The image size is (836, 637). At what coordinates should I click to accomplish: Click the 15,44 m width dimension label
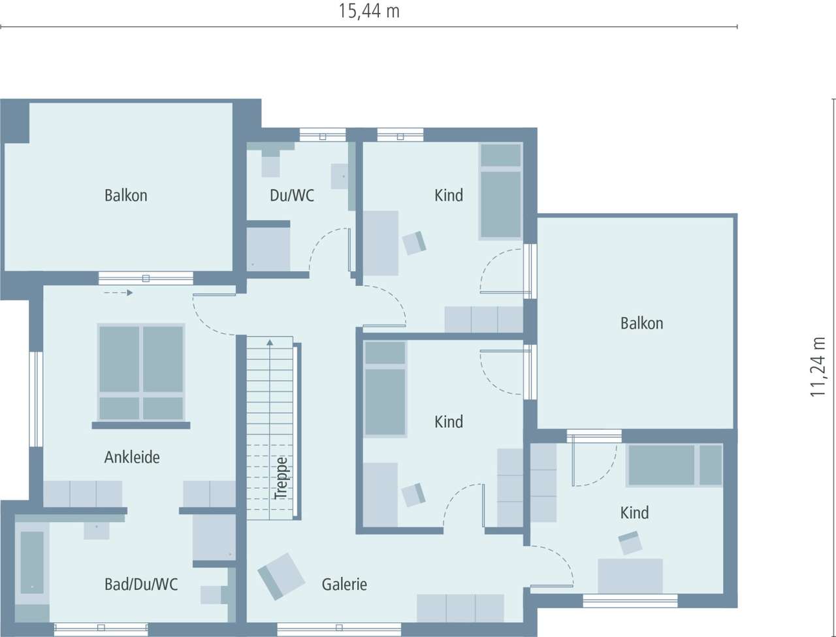point(369,11)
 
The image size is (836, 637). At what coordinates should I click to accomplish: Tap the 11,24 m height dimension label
point(818,367)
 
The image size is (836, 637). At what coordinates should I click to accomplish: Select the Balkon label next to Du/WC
point(126,195)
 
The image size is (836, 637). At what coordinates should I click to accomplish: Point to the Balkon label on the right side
point(641,323)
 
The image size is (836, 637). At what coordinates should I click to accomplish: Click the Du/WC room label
point(292,195)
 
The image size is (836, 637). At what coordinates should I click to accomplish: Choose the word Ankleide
point(132,457)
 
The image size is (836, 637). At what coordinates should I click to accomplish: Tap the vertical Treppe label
point(281,478)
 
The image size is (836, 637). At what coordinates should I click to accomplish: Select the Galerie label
point(344,584)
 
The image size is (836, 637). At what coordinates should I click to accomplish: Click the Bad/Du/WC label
point(141,583)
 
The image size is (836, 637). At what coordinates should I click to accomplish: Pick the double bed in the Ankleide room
point(141,372)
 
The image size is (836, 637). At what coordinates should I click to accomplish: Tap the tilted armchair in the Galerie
point(281,576)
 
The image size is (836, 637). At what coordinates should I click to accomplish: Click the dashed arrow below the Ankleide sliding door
point(118,293)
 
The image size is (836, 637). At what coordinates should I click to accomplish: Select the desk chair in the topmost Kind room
point(415,242)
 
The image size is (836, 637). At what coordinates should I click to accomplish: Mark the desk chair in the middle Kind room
point(414,495)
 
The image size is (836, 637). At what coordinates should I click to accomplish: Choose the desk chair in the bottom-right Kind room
point(630,543)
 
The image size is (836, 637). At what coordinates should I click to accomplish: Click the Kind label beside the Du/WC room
point(449,195)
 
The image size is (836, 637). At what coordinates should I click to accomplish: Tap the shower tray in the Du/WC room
point(268,248)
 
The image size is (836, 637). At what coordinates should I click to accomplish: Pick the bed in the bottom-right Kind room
point(674,465)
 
